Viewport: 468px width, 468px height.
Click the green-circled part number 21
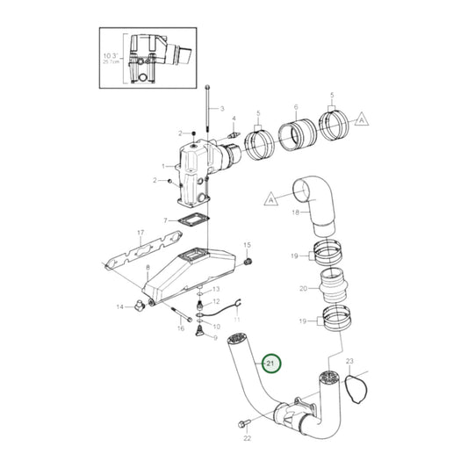[x=271, y=363]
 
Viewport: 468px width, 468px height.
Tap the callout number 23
[x=349, y=361]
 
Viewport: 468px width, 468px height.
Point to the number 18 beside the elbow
[x=295, y=212]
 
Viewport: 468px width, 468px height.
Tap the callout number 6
[x=296, y=104]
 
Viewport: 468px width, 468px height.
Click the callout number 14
[x=121, y=306]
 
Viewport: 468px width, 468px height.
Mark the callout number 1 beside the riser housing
[x=163, y=166]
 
